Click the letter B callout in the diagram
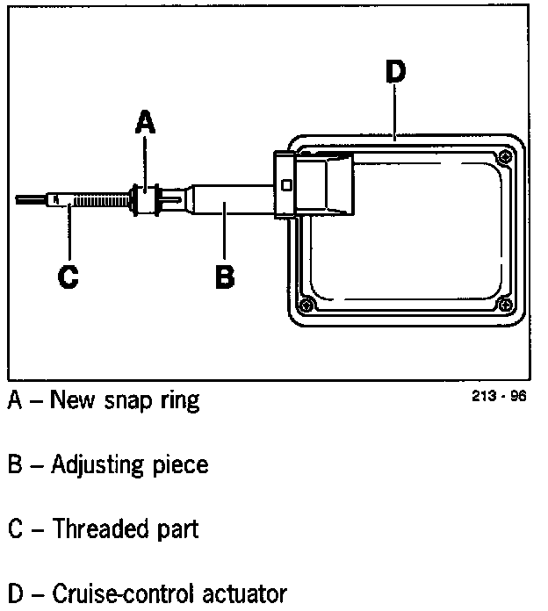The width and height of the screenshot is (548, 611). [225, 277]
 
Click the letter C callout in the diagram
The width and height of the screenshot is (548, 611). [68, 277]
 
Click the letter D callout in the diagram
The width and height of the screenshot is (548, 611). [395, 71]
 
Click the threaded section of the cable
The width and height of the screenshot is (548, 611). [97, 201]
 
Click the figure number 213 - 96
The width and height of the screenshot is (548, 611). [499, 396]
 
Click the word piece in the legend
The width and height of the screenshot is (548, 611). [180, 465]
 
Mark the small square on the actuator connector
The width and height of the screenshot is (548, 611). [286, 184]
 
